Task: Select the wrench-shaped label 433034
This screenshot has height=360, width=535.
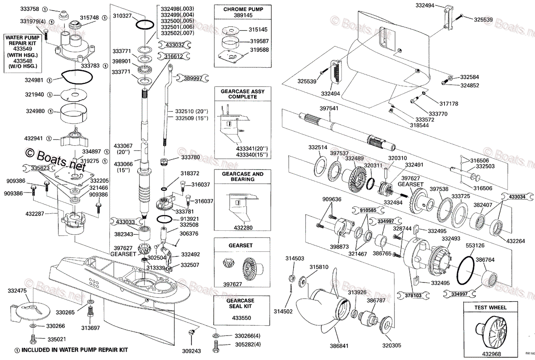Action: pos(517,196)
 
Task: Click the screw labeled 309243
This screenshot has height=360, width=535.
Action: pos(193,333)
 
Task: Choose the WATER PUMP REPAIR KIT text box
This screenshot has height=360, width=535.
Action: pos(22,52)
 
